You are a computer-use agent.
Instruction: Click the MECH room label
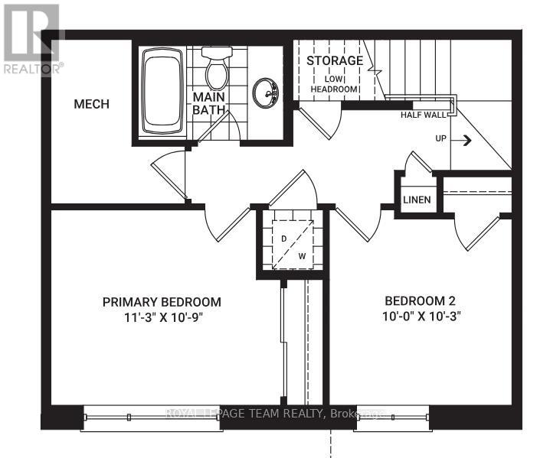pos(91,104)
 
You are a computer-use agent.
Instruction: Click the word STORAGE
pos(334,60)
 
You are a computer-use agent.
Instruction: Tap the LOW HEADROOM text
pos(334,83)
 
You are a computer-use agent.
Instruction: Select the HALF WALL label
pos(423,115)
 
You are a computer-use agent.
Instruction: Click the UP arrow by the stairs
pos(465,140)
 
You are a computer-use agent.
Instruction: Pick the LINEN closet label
pos(417,200)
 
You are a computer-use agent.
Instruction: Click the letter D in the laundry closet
pos(283,239)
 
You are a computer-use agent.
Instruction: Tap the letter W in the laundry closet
pos(302,256)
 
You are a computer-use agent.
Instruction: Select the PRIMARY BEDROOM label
pos(162,301)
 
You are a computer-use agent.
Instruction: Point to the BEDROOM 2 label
pos(421,300)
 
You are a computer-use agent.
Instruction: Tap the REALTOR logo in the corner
pos(31,38)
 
